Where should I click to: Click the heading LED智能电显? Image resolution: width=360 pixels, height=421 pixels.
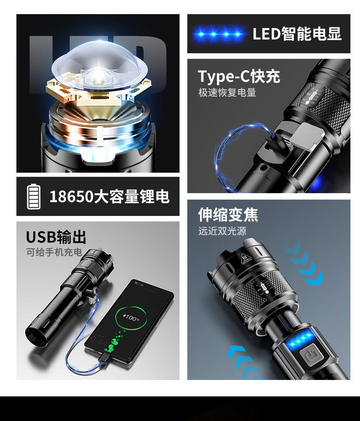297,34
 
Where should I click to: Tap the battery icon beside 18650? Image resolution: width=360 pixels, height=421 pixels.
34,196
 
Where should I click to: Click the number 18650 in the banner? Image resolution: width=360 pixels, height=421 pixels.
72,196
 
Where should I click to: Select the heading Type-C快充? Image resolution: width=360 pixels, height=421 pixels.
239,77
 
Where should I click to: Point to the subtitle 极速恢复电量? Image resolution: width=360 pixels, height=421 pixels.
227,92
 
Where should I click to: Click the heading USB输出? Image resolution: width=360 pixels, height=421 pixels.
56,237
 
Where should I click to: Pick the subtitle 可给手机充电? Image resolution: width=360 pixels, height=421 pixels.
54,252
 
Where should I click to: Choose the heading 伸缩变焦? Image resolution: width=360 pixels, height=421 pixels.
228,215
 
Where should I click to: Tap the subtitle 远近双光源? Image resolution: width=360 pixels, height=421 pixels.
222,231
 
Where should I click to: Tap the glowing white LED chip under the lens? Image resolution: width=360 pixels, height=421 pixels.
97,78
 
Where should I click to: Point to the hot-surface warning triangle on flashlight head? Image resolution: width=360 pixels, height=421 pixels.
245,258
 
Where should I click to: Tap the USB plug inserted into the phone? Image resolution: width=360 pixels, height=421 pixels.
103,358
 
